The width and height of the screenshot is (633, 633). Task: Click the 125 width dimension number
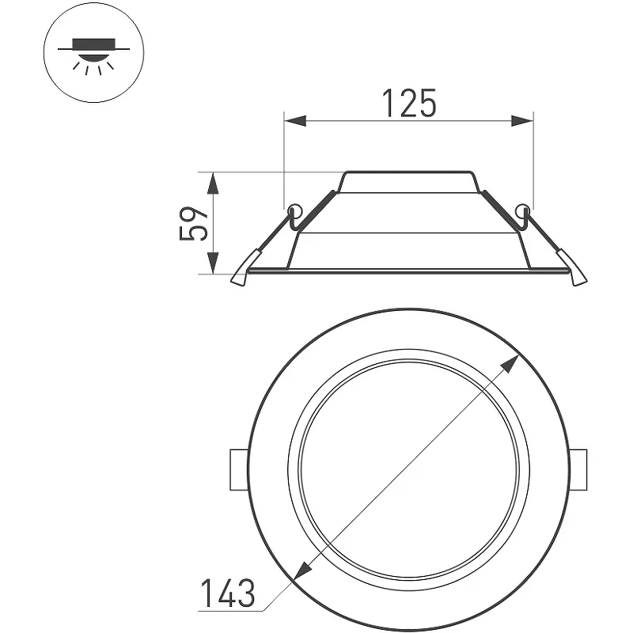click(409, 103)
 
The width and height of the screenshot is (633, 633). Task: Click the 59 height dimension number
click(194, 223)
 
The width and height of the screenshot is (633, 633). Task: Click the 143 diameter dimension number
click(228, 593)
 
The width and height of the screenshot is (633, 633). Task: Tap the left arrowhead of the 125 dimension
click(295, 121)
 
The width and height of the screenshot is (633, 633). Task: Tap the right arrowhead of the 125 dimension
click(522, 121)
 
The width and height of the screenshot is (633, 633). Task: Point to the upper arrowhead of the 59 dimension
click(214, 183)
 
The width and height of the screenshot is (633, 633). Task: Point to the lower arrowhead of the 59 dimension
click(214, 263)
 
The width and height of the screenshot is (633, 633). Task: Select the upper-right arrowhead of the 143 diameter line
click(510, 364)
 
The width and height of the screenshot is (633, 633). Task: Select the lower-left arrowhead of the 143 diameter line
click(304, 570)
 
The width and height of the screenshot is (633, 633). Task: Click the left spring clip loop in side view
click(295, 210)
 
